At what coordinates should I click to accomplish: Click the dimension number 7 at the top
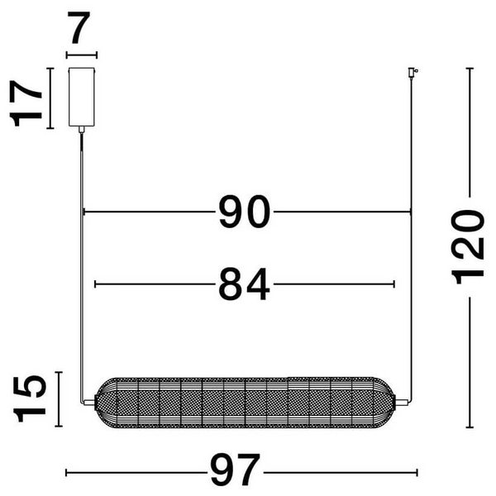(80, 31)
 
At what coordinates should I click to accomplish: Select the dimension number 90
(244, 212)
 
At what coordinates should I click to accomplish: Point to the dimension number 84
(244, 284)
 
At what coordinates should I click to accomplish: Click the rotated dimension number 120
(469, 246)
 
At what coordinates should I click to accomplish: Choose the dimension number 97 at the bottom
(234, 472)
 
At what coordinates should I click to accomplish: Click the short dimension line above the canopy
(81, 55)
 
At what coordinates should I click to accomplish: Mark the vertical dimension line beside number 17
(50, 98)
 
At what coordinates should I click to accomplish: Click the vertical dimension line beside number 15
(57, 399)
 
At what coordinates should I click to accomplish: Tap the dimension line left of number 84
(153, 284)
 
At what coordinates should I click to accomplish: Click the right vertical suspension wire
(411, 248)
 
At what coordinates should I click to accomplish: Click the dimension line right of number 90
(343, 212)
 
